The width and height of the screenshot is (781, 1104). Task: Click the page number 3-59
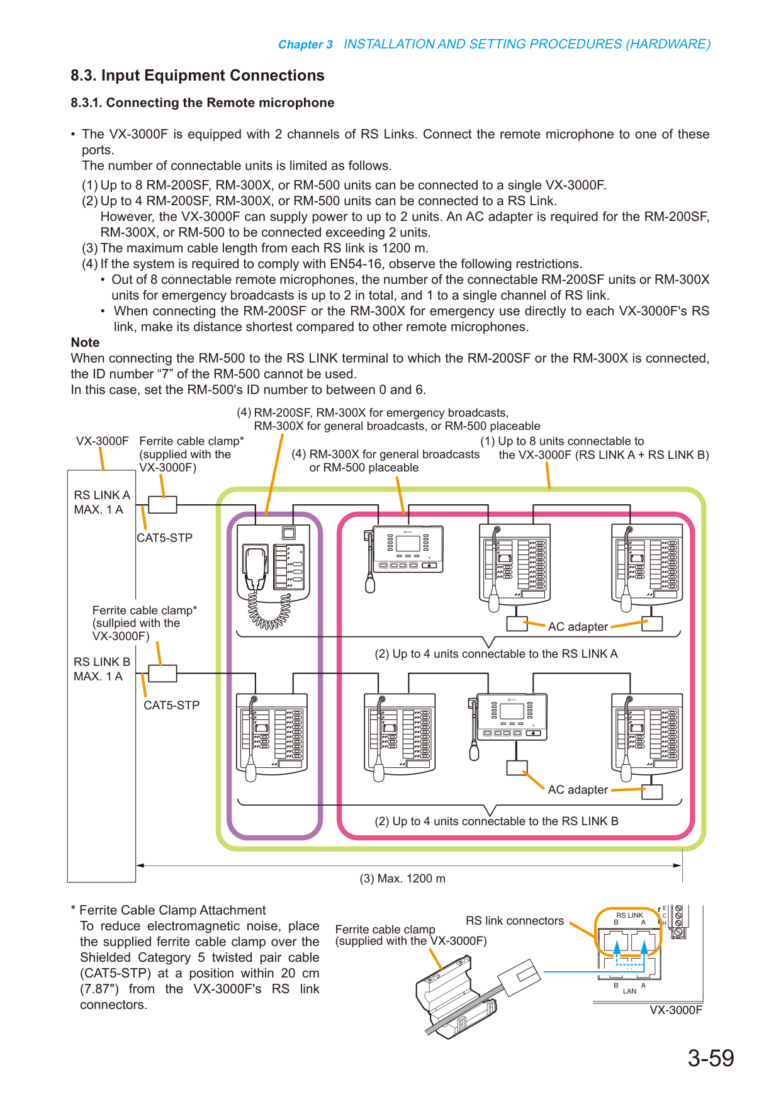click(x=711, y=1058)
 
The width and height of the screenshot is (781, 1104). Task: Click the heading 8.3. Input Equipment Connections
click(x=198, y=76)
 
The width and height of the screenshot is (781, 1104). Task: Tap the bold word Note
click(x=85, y=342)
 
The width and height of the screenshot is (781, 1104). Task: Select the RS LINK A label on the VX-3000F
click(x=102, y=495)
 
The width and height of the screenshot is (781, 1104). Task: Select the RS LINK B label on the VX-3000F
click(x=102, y=662)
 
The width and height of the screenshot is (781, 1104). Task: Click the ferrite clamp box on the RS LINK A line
click(x=162, y=505)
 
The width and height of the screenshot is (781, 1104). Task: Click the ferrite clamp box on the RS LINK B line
click(x=162, y=673)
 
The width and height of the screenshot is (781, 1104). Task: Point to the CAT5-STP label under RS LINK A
click(x=165, y=538)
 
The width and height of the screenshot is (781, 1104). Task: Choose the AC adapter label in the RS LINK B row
click(x=578, y=790)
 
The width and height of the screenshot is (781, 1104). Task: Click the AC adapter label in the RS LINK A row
click(x=578, y=627)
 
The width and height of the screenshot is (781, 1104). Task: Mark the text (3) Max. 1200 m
click(x=403, y=879)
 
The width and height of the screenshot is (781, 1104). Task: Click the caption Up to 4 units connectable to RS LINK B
click(x=497, y=821)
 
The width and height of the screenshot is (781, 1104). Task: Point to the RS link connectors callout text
click(x=515, y=921)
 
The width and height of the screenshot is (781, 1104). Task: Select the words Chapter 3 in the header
click(x=305, y=45)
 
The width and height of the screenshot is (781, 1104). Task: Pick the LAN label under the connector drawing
click(x=630, y=991)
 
